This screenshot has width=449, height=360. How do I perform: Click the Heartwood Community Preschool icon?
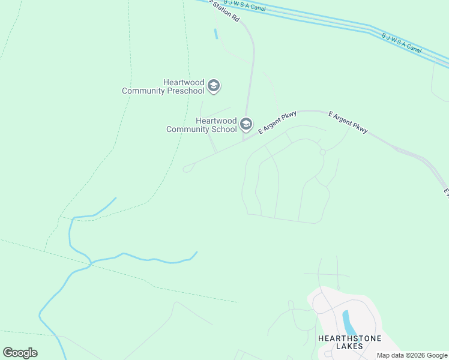(214, 86)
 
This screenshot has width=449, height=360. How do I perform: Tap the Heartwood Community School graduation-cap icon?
(246, 124)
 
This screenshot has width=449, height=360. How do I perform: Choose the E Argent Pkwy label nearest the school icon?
(277, 123)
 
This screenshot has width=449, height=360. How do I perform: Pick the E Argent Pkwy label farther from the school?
(348, 122)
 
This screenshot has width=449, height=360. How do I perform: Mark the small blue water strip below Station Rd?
(215, 34)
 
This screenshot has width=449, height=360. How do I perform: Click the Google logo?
(20, 352)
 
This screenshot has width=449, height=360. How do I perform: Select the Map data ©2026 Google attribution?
(412, 355)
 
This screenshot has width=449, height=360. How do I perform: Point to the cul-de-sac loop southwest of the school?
(187, 169)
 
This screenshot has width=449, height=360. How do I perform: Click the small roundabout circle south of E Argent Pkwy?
(322, 152)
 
